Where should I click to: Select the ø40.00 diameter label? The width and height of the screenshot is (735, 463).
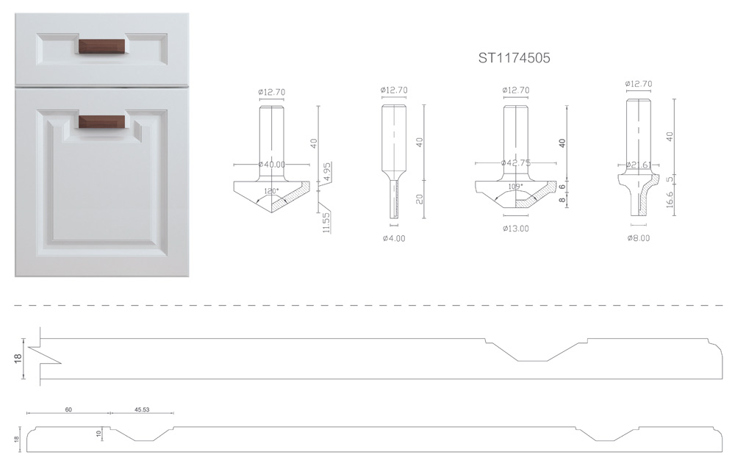[x=271, y=165]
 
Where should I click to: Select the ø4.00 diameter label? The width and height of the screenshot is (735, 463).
[x=394, y=238]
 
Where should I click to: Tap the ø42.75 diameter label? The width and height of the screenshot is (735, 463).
[x=516, y=162]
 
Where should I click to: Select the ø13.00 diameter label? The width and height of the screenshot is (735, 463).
[x=516, y=229]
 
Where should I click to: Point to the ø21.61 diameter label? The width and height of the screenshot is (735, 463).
[x=639, y=165]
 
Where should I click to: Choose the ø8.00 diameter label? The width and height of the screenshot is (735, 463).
[x=639, y=237]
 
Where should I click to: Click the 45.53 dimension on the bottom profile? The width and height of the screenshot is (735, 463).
[x=142, y=409]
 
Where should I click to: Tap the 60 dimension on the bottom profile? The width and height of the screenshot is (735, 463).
[x=68, y=409]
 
